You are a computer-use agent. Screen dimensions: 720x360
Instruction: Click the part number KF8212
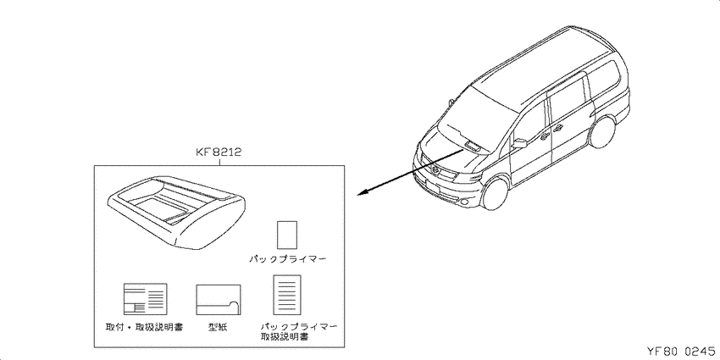pyautogui.click(x=219, y=152)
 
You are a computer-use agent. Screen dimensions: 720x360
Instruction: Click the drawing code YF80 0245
pyautogui.click(x=681, y=352)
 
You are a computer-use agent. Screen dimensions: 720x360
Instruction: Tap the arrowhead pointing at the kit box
pyautogui.click(x=363, y=193)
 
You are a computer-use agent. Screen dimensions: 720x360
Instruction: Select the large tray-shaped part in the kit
pyautogui.click(x=177, y=212)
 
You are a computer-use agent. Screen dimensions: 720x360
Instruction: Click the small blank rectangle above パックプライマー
pyautogui.click(x=287, y=235)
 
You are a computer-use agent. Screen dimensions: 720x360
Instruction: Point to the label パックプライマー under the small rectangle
pyautogui.click(x=288, y=260)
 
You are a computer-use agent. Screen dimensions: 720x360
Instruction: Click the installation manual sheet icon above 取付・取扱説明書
pyautogui.click(x=145, y=299)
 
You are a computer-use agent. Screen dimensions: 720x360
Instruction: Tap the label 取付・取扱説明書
pyautogui.click(x=145, y=328)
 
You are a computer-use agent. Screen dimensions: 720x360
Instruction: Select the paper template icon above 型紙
pyautogui.click(x=219, y=300)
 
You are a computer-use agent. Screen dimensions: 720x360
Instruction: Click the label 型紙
pyautogui.click(x=218, y=328)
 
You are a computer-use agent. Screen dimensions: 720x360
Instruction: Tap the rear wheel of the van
pyautogui.click(x=602, y=131)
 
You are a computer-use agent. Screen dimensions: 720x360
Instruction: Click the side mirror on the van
pyautogui.click(x=519, y=143)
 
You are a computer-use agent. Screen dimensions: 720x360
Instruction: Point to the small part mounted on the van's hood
pyautogui.click(x=474, y=146)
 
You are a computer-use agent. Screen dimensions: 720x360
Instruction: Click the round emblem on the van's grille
pyautogui.click(x=435, y=172)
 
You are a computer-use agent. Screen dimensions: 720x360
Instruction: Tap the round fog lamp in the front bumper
pyautogui.click(x=465, y=202)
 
